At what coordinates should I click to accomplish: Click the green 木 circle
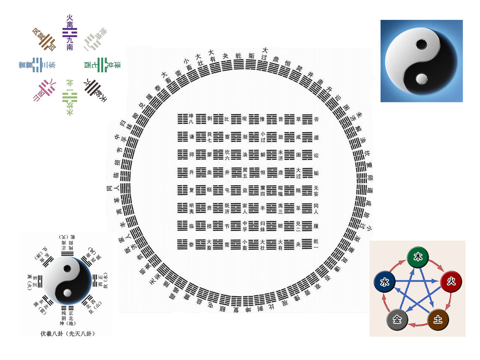pyautogui.click(x=418, y=257)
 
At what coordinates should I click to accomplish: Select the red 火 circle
pyautogui.click(x=451, y=281)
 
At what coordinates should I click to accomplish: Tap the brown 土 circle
pyautogui.click(x=438, y=319)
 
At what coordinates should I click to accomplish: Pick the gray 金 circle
pyautogui.click(x=397, y=319)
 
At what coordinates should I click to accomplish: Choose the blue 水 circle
pyautogui.click(x=385, y=282)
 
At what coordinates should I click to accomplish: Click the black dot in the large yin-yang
pyautogui.click(x=421, y=44)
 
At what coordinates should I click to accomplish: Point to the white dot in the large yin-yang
pyautogui.click(x=422, y=78)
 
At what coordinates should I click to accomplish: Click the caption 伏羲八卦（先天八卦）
pyautogui.click(x=67, y=333)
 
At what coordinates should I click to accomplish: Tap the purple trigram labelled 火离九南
pyautogui.click(x=70, y=33)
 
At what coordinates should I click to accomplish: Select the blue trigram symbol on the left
pyautogui.click(x=37, y=65)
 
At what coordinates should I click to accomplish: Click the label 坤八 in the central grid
pyautogui.click(x=191, y=119)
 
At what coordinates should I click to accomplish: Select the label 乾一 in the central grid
pyautogui.click(x=316, y=244)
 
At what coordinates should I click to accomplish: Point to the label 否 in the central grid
pyautogui.click(x=316, y=119)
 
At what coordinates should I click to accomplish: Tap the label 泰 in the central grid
pyautogui.click(x=191, y=244)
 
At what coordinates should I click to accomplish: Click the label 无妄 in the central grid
pyautogui.click(x=316, y=190)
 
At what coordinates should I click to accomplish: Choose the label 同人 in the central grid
pyautogui.click(x=316, y=208)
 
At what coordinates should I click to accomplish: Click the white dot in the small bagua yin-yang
pyautogui.click(x=67, y=293)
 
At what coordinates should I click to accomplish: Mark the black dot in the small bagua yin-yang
pyautogui.click(x=67, y=269)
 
